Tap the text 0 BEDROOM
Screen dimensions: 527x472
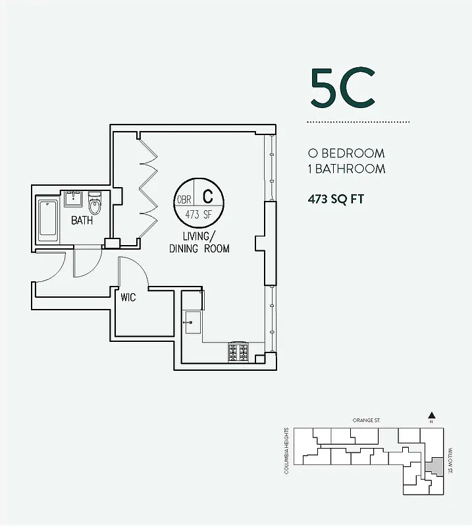(x=346, y=153)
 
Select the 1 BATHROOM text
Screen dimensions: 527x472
(x=346, y=169)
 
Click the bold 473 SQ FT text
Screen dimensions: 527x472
(x=336, y=198)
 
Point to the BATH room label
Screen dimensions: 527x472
(x=82, y=221)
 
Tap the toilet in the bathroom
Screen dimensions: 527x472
(x=95, y=204)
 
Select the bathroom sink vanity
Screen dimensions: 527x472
(x=72, y=199)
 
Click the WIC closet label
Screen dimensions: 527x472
(x=128, y=298)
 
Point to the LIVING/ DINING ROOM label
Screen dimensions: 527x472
(x=199, y=242)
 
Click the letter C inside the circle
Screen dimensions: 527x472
(x=207, y=196)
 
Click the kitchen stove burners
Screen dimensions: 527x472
(x=238, y=352)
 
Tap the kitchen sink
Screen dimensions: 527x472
(x=193, y=321)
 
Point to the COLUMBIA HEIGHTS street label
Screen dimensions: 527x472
(x=287, y=451)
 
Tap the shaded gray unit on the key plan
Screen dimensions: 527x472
(x=433, y=466)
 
